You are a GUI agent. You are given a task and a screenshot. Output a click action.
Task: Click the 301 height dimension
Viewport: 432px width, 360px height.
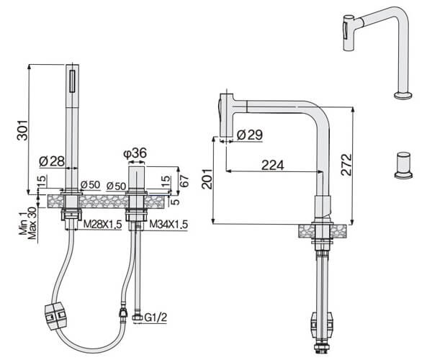(x=22, y=130)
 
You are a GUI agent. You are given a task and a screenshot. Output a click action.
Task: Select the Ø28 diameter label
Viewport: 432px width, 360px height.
(x=52, y=161)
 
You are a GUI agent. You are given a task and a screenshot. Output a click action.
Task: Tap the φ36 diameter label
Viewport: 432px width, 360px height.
(x=135, y=153)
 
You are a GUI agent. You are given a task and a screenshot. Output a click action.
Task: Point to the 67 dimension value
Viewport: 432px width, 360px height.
(x=185, y=181)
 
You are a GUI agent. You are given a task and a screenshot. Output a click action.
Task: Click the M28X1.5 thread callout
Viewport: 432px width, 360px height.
(x=102, y=225)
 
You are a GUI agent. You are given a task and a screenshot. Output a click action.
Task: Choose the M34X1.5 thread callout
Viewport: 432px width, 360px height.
(x=168, y=225)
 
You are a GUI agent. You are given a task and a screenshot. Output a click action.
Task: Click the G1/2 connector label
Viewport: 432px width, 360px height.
(x=156, y=318)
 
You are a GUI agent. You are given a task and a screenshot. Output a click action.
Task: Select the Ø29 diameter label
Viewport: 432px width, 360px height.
(x=250, y=135)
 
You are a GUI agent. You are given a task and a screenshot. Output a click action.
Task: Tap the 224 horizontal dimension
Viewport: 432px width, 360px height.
(x=272, y=165)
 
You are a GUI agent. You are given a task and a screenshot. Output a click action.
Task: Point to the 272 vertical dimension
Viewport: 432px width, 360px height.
(x=346, y=165)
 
